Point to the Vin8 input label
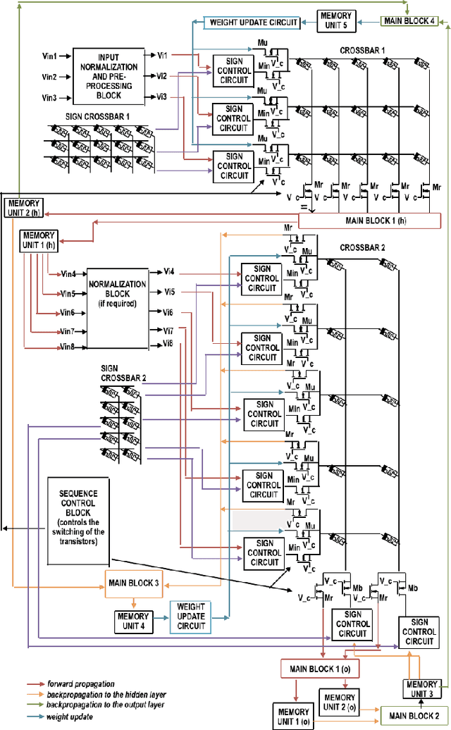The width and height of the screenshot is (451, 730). (x=68, y=347)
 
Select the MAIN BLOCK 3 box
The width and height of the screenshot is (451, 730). (x=133, y=584)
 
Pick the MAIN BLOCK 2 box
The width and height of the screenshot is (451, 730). (x=413, y=715)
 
